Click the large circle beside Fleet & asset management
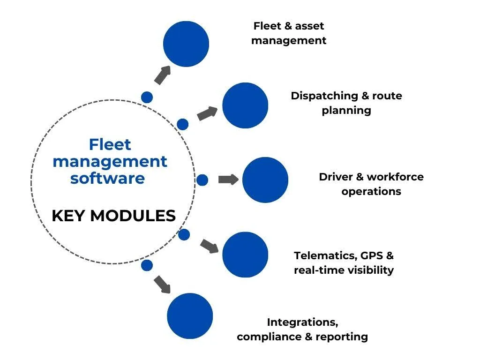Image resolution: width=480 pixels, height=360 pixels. tap(186, 44)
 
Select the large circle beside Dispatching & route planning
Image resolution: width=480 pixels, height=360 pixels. tap(245, 105)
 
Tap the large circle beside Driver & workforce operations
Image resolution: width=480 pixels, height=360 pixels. tap(265, 180)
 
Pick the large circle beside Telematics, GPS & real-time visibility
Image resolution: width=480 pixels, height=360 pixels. tap(245, 255)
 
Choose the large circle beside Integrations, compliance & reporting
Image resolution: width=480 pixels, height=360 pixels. tap(190, 315)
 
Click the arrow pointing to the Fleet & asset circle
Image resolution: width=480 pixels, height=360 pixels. tap(162, 75)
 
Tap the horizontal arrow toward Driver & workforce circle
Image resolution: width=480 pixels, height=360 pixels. tap(229, 180)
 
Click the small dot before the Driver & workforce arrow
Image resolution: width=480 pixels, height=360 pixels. tap(202, 180)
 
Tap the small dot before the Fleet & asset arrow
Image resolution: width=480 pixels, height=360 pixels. tap(147, 97)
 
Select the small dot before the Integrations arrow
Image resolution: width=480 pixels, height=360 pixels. tap(147, 265)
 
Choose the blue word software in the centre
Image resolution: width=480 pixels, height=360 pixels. tap(107, 178)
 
